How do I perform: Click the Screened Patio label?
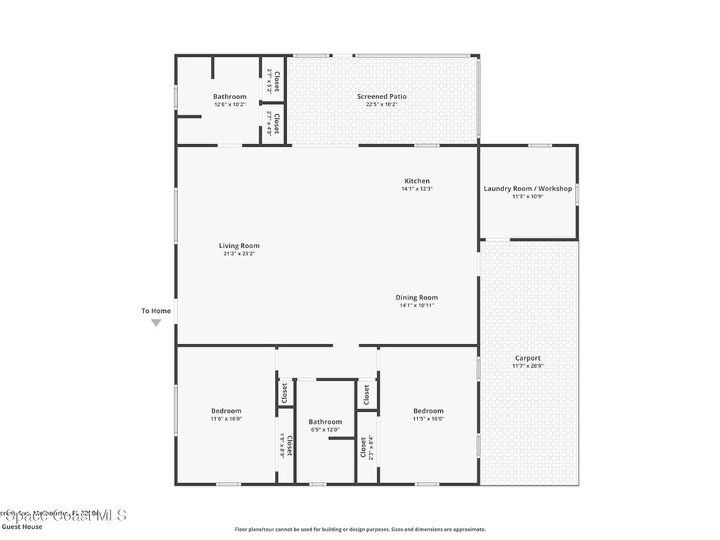point(382,96)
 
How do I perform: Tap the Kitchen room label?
point(416,181)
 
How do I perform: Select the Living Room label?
point(239,245)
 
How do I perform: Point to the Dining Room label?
point(416,297)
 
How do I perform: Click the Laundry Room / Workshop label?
point(527,188)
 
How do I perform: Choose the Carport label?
point(527,358)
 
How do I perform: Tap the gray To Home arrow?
point(156,323)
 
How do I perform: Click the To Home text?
point(156,311)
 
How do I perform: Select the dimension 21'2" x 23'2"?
point(239,254)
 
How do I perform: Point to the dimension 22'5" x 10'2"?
point(382,105)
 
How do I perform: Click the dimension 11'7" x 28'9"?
point(527,366)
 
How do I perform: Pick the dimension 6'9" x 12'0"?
point(325,430)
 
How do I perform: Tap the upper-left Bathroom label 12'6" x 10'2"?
point(230,96)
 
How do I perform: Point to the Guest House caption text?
point(22,527)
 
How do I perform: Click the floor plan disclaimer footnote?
point(359,529)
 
